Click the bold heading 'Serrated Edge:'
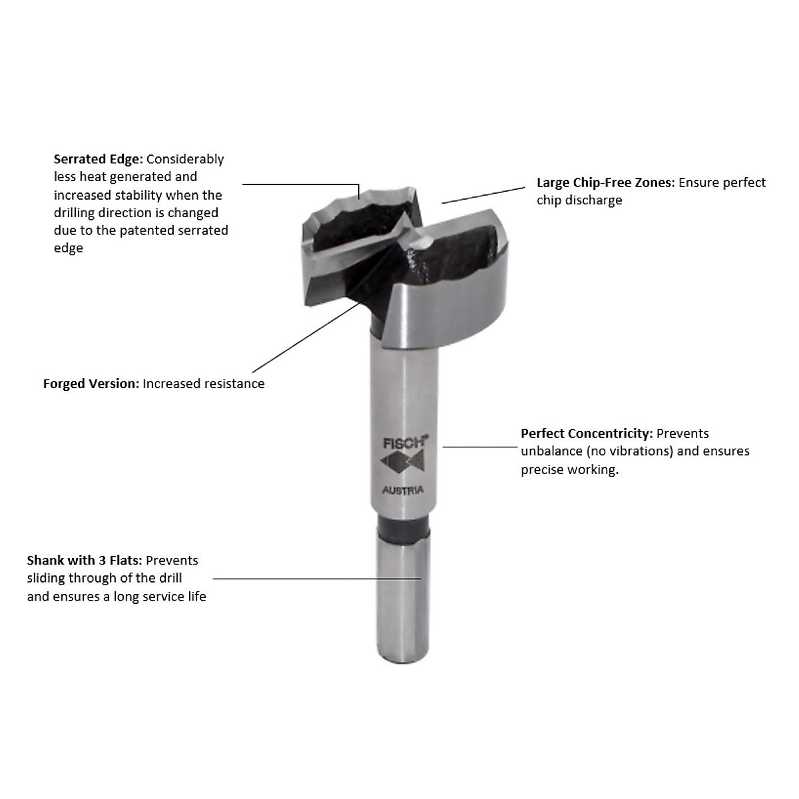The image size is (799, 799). [x=98, y=159]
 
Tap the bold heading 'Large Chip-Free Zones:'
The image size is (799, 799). [x=605, y=182]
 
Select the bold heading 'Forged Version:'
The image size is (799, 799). [x=91, y=384]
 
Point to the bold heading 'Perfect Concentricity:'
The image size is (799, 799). [x=587, y=433]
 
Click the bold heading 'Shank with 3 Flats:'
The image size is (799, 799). [x=84, y=561]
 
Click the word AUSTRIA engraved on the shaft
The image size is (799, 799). [x=403, y=491]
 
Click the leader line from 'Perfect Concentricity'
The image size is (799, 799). [x=479, y=447]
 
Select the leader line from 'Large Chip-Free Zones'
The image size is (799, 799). [x=483, y=194]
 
